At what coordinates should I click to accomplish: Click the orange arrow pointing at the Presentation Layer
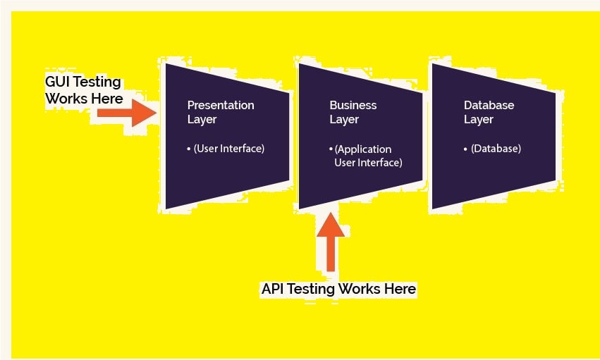(x=127, y=113)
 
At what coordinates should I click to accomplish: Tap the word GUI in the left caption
(x=57, y=82)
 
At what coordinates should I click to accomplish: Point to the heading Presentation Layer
(x=220, y=112)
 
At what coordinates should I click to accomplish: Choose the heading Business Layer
(x=353, y=112)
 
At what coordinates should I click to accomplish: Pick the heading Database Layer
(x=489, y=112)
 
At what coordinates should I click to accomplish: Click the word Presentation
(x=221, y=105)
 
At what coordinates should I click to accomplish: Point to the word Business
(x=353, y=105)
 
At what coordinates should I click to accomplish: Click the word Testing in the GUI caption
(x=95, y=82)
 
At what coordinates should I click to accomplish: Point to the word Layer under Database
(x=479, y=120)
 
